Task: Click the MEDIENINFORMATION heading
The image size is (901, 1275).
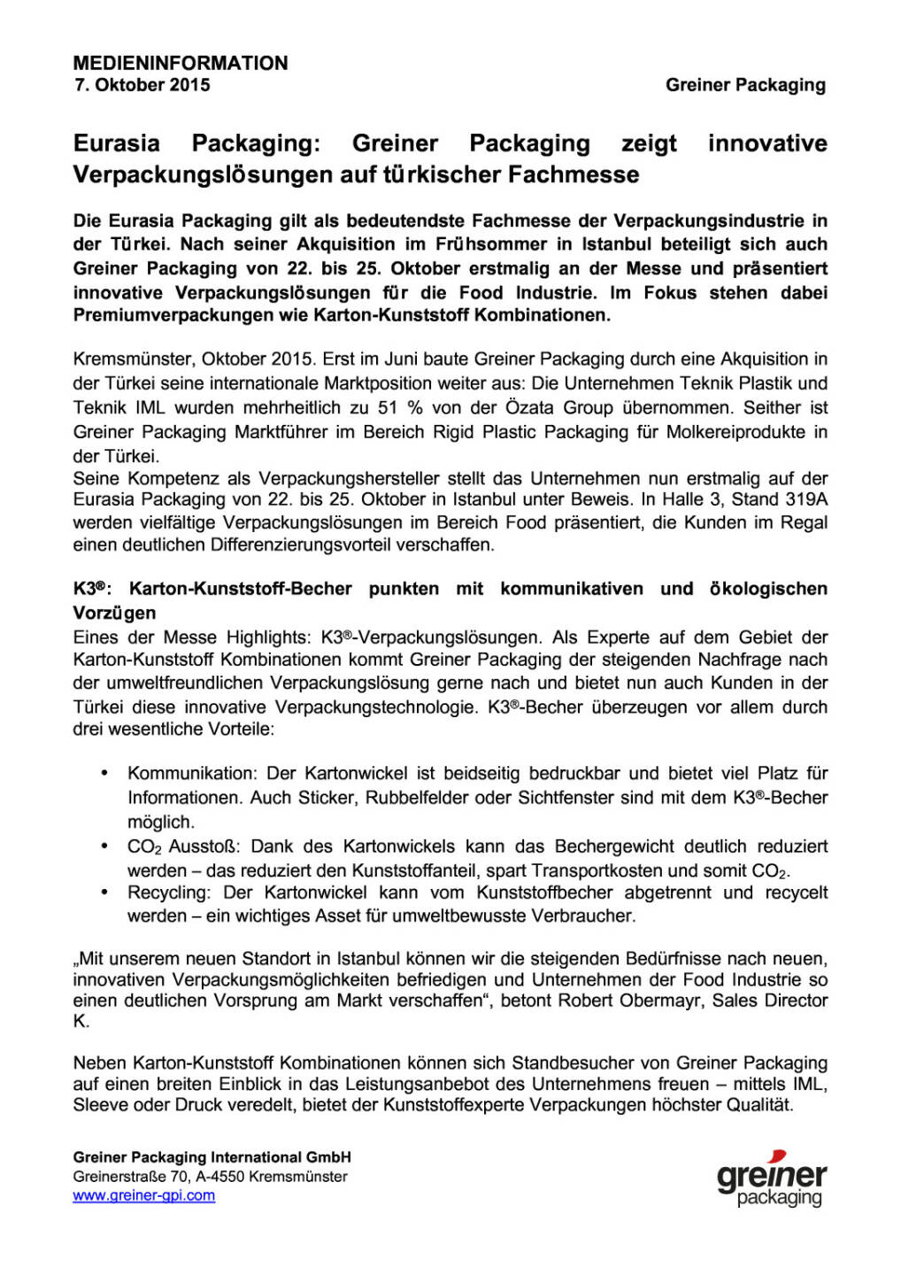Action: (181, 63)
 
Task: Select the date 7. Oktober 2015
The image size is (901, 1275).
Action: (142, 85)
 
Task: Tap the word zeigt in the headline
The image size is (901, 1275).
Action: (649, 143)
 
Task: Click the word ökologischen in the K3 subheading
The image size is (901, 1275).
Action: (768, 589)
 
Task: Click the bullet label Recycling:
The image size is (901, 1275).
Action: (168, 892)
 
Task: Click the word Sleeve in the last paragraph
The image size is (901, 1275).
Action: (100, 1105)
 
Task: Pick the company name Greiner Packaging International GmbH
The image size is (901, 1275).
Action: (212, 1157)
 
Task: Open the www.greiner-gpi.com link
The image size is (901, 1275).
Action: (143, 1195)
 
